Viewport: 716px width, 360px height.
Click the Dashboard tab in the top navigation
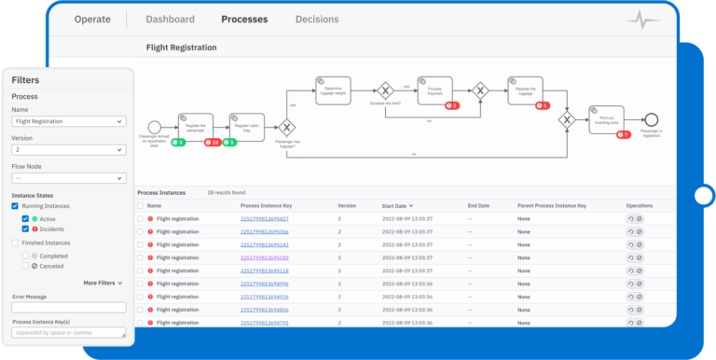click(x=171, y=20)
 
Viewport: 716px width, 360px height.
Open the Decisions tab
click(x=317, y=20)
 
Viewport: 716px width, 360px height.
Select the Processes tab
click(x=244, y=20)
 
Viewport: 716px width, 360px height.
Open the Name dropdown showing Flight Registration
click(x=69, y=121)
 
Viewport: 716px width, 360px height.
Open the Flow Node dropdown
click(x=69, y=178)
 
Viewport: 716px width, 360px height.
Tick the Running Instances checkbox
click(x=15, y=205)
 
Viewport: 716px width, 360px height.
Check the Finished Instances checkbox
click(x=15, y=242)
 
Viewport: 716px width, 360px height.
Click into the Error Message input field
click(x=69, y=308)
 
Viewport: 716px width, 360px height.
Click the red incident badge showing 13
click(x=213, y=143)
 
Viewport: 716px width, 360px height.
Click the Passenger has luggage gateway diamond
click(x=288, y=127)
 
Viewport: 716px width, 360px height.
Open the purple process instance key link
click(x=264, y=257)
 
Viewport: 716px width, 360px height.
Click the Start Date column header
click(x=400, y=205)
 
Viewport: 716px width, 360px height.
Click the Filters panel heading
click(x=25, y=81)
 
